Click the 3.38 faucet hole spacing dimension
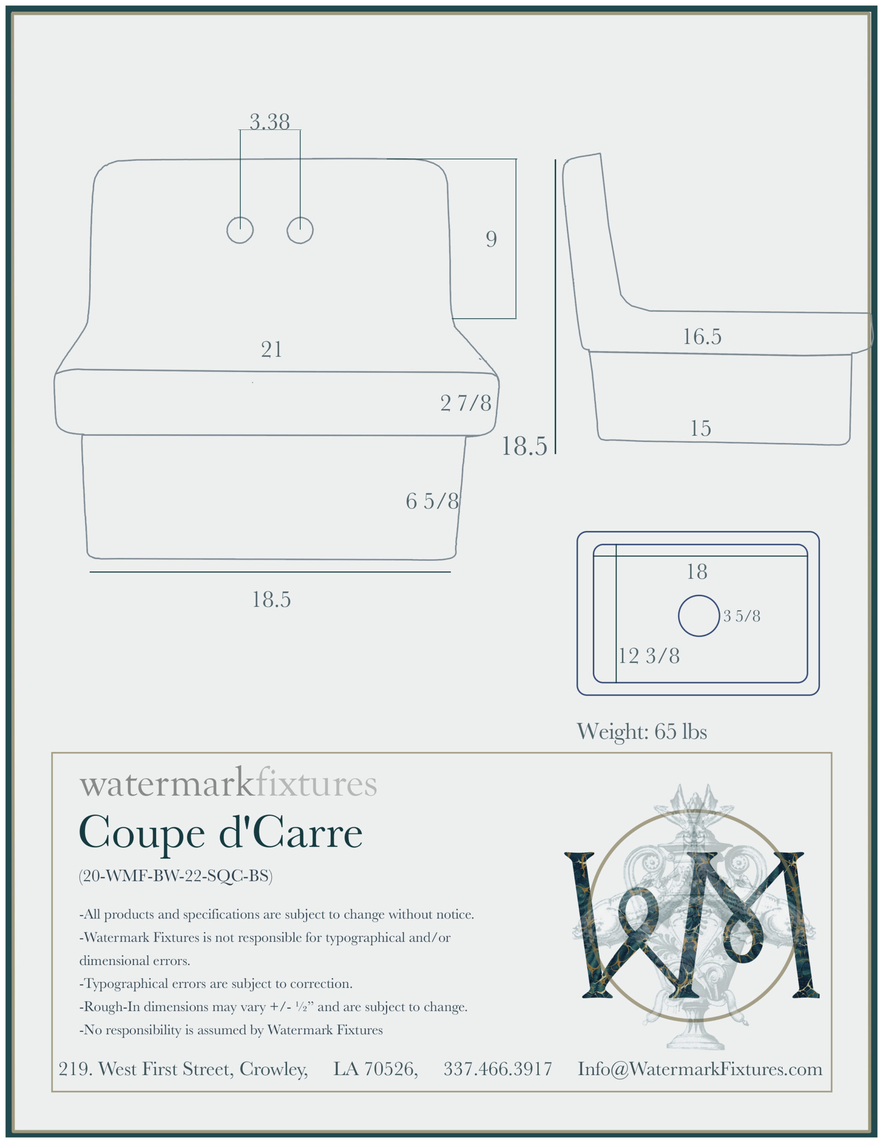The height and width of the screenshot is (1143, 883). point(270,121)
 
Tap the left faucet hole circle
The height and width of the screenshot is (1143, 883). point(240,230)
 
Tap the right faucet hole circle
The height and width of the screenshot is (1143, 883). point(300,230)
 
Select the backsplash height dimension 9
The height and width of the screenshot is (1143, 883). point(491,239)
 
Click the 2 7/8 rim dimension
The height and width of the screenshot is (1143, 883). point(466,403)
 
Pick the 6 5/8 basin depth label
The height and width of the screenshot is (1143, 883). point(432,501)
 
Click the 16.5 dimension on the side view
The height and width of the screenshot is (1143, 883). point(702,337)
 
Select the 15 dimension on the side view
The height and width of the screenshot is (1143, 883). point(700,428)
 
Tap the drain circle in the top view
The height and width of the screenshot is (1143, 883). point(699,616)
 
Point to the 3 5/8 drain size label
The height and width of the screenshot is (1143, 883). point(741,616)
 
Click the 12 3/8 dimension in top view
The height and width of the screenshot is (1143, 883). point(649,656)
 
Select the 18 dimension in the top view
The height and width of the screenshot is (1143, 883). point(697,571)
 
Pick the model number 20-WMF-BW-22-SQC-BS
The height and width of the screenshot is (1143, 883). point(176,876)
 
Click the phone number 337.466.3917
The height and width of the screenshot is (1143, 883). point(498,1069)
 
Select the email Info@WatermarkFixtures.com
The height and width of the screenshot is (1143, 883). point(700,1069)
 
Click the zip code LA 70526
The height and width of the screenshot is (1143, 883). point(376,1069)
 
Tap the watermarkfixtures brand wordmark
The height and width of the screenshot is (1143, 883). point(228,784)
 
